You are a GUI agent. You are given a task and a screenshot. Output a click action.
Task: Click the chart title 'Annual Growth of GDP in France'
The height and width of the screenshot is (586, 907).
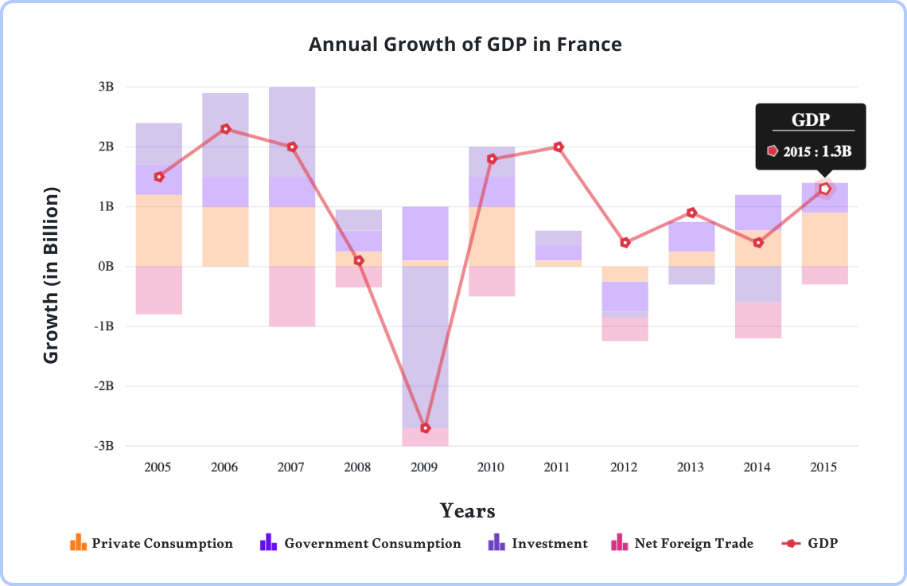click(465, 44)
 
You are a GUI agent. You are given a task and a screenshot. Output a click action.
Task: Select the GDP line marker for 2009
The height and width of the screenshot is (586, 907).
click(426, 428)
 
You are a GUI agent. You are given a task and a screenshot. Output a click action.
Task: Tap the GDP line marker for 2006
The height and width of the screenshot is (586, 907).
click(226, 129)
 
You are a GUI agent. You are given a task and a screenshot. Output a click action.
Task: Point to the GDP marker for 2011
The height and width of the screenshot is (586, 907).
click(559, 147)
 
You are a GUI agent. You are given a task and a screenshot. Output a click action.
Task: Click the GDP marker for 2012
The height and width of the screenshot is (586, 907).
click(625, 242)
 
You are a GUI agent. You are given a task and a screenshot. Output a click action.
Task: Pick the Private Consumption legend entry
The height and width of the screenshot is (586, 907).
click(151, 544)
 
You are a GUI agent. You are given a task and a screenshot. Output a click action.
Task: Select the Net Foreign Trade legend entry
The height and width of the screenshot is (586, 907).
click(682, 544)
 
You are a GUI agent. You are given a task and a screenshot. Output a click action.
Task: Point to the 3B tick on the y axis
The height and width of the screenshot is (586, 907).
click(107, 87)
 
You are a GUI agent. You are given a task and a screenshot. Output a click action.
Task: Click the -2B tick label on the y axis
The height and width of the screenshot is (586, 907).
click(104, 386)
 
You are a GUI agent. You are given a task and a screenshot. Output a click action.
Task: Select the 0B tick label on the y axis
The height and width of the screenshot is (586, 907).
click(107, 267)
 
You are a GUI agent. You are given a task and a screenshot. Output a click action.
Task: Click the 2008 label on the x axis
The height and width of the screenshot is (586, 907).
click(357, 467)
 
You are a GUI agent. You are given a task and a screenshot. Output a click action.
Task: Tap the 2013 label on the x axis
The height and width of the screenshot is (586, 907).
click(691, 467)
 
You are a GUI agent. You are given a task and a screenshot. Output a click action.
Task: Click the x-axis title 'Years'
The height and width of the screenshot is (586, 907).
click(468, 510)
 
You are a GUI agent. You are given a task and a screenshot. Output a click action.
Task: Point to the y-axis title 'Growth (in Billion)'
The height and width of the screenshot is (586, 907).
click(52, 275)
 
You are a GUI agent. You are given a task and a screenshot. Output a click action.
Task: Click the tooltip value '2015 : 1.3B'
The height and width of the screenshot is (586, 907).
click(816, 150)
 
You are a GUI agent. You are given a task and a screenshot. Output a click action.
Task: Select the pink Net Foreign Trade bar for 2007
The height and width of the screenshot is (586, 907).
click(292, 296)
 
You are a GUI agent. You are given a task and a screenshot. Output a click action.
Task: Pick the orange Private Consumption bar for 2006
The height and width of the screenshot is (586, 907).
click(225, 236)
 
